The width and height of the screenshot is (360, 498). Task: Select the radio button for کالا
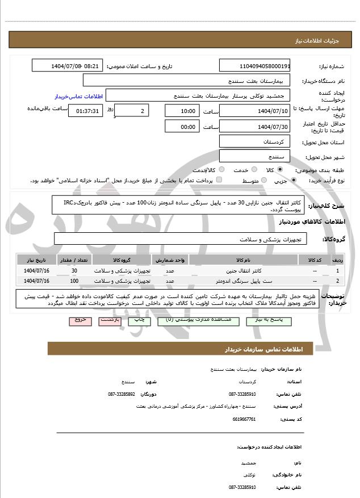(x=280, y=169)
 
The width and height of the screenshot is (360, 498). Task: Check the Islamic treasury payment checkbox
(x=219, y=181)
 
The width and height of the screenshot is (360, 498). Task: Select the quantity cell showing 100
(x=74, y=281)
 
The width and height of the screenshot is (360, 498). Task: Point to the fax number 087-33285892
(x=122, y=394)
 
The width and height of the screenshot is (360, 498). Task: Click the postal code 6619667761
(x=242, y=419)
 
